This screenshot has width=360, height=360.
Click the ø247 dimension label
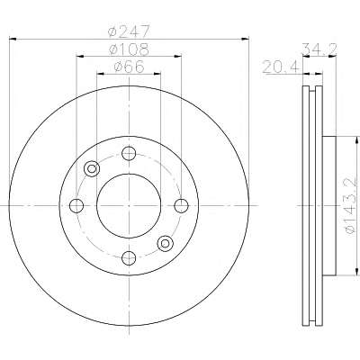coord(129,31)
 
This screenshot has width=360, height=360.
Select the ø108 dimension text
coord(129,49)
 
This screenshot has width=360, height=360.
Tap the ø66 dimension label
coord(129,67)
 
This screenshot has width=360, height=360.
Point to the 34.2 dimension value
coord(319,49)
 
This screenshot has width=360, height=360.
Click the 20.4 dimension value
coord(281,67)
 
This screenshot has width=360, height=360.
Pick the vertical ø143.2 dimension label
coord(351,206)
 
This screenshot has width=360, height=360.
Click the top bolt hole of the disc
coord(129,153)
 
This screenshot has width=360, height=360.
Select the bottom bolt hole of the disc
coord(129,258)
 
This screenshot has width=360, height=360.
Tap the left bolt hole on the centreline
coord(76,206)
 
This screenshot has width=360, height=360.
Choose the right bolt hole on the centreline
coord(182,206)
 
